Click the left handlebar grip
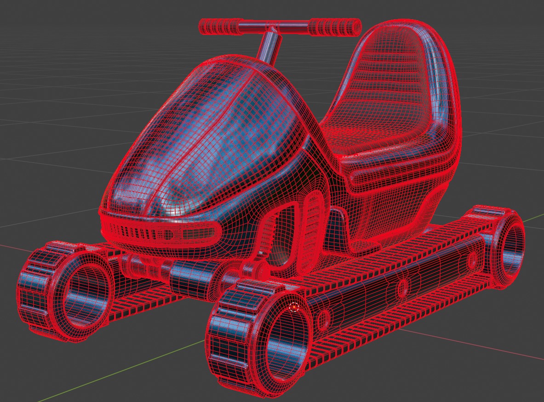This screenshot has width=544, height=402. tap(219, 27)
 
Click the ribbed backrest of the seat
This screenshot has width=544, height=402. tap(393, 78)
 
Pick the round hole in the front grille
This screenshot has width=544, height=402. tap(168, 235)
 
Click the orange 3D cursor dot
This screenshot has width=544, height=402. tap(295, 307)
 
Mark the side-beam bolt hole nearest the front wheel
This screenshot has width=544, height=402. tap(324, 317)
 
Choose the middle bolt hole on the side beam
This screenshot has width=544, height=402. tap(402, 288)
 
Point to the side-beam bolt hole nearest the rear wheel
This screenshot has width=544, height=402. tap(472, 260)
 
